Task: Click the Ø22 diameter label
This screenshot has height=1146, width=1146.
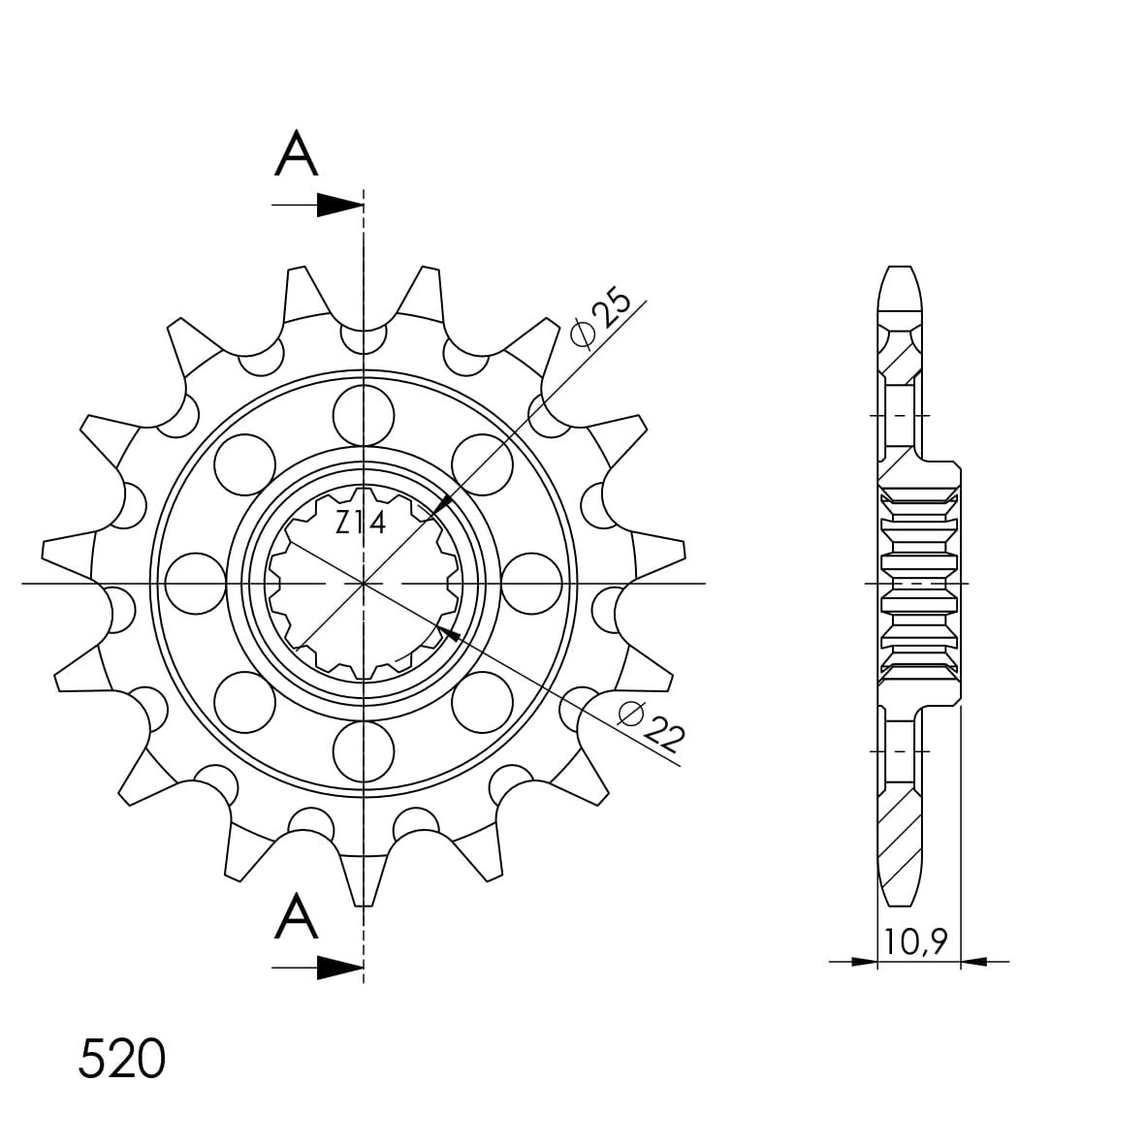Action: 652,726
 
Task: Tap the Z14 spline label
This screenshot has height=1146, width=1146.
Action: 361,524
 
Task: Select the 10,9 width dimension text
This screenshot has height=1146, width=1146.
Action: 916,942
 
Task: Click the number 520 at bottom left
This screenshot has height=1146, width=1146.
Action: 122,1060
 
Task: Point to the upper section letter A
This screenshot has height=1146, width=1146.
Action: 296,153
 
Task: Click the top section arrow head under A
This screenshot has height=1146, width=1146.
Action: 340,206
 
